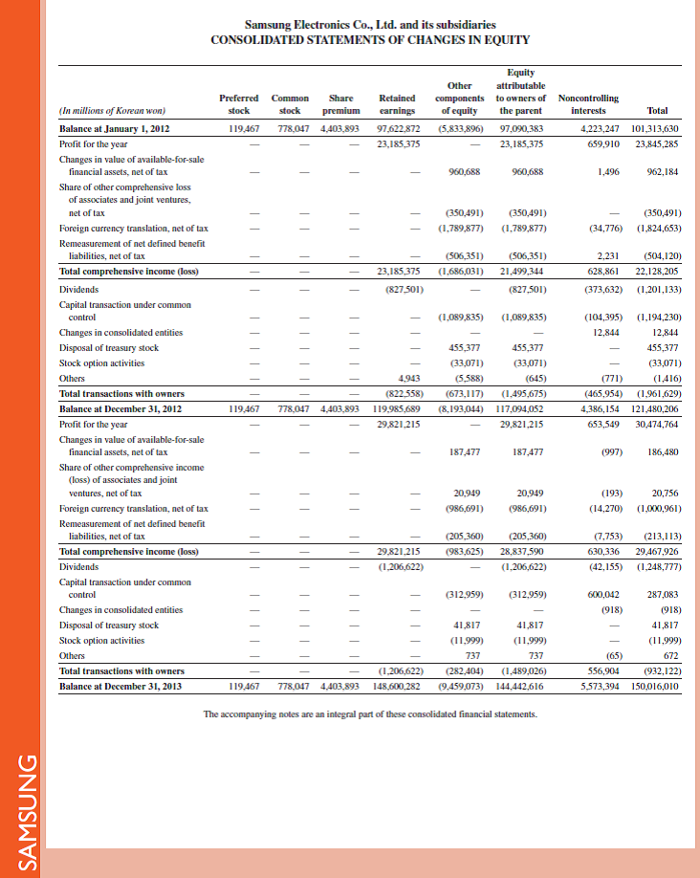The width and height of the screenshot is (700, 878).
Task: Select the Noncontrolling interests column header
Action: tap(587, 103)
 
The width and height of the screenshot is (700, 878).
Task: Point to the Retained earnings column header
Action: tap(397, 103)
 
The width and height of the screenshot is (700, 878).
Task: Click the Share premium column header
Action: tap(341, 103)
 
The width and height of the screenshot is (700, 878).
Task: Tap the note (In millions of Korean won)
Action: tap(113, 110)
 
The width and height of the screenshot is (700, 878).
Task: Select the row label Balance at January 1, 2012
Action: tap(115, 128)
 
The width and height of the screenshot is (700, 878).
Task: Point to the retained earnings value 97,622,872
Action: tap(400, 128)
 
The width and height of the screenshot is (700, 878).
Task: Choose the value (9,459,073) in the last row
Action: tap(458, 686)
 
